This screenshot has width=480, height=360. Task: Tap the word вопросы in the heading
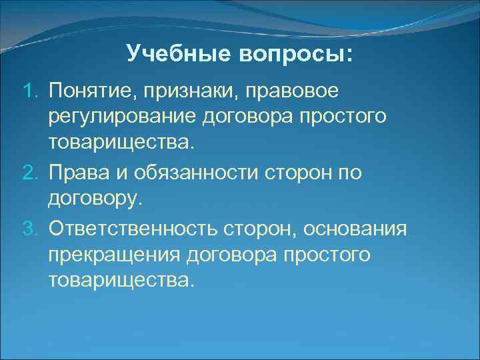point(295,53)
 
